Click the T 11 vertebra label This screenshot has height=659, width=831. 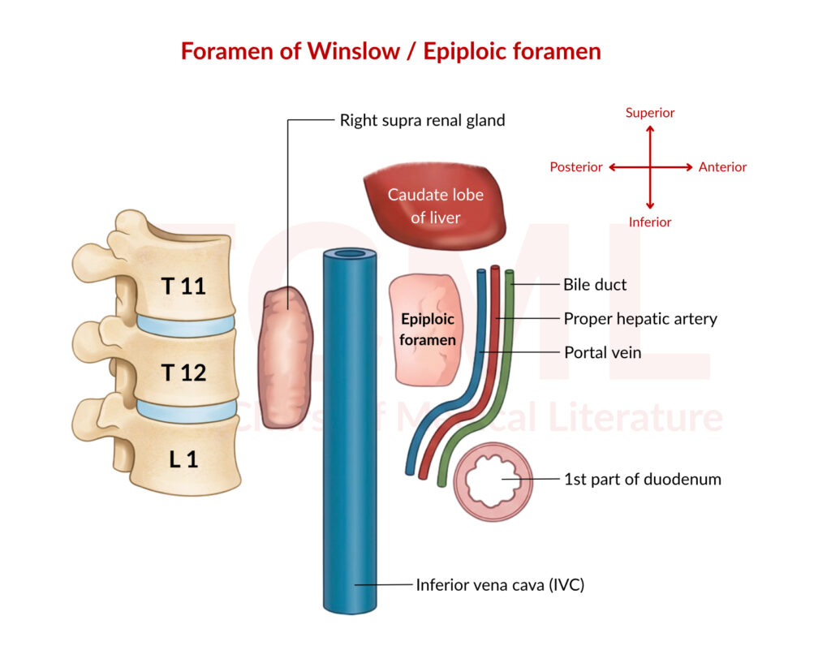click(183, 286)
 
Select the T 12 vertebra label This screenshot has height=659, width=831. click(183, 373)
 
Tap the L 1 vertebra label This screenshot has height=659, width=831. click(183, 459)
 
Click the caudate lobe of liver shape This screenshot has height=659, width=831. click(435, 206)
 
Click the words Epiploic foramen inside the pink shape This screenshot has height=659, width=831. click(427, 329)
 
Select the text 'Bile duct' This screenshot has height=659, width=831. click(595, 285)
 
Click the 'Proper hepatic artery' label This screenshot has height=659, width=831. click(640, 319)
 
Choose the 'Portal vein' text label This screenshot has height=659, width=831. click(602, 352)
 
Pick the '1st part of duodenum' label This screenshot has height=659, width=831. click(642, 479)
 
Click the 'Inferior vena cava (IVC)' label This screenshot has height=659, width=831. click(500, 584)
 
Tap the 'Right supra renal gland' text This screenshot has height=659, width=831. click(422, 121)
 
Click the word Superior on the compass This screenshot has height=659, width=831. click(650, 113)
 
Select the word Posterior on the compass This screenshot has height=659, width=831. click(576, 167)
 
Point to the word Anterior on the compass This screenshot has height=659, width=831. click(722, 167)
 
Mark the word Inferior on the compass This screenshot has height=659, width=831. click(650, 222)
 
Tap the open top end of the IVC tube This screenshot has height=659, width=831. click(350, 255)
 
